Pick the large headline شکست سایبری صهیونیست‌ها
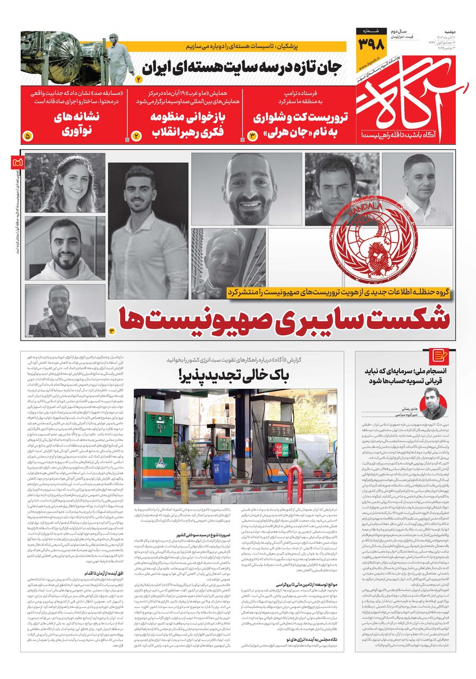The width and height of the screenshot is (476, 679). (x=286, y=318)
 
